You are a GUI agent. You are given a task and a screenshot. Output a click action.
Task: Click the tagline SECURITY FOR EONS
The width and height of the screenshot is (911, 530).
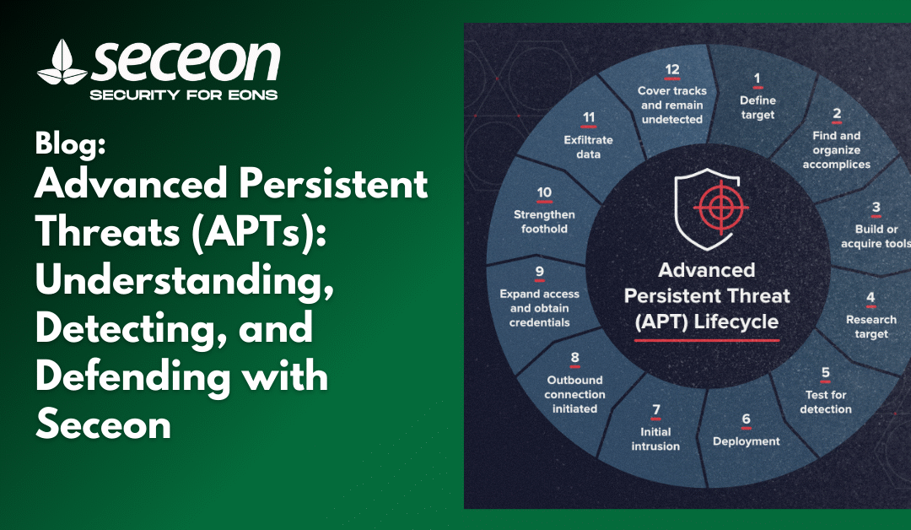[184, 95]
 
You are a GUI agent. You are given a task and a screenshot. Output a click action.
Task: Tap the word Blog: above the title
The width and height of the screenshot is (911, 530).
[70, 143]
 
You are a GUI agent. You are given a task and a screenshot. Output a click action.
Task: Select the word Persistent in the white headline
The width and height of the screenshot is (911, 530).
[333, 184]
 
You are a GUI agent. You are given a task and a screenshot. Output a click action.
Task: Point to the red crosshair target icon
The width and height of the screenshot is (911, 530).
[720, 206]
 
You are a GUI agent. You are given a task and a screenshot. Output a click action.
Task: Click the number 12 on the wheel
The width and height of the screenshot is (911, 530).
[672, 70]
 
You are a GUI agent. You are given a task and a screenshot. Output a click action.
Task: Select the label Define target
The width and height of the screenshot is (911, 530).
[757, 107]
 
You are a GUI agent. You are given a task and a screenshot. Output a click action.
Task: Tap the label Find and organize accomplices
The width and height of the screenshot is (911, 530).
[837, 150]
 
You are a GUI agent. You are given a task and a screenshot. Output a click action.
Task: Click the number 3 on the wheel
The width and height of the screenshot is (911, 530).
[876, 208]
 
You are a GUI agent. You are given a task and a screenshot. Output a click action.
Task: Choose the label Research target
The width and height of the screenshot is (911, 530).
[871, 327]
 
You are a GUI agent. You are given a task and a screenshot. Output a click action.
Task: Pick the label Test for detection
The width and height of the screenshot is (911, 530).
[826, 402]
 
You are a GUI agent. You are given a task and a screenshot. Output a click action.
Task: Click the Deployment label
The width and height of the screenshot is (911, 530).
[746, 441]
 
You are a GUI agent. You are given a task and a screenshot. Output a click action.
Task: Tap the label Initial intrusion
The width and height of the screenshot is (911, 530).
[655, 439]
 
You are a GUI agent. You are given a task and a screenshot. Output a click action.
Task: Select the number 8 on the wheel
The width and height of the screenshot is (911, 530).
[574, 358]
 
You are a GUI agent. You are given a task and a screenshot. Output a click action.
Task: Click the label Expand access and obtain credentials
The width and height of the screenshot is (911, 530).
[539, 308]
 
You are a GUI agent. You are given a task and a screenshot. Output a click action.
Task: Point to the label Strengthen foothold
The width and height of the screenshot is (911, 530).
[544, 221]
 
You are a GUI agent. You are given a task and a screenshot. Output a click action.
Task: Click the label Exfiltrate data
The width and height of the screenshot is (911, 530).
[588, 147]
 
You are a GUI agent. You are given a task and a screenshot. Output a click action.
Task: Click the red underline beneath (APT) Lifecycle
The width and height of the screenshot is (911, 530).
[707, 340]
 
